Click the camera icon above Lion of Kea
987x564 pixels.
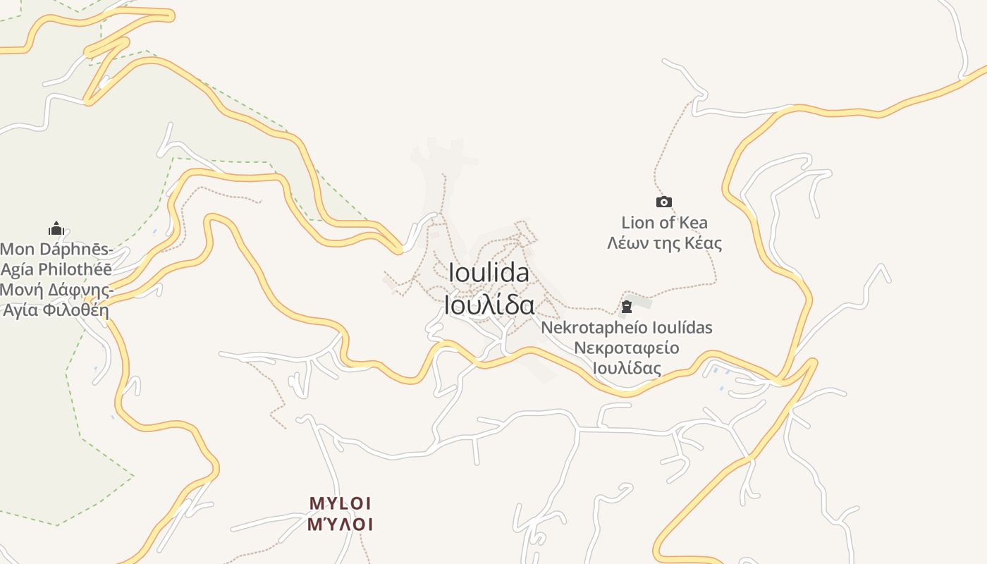[x=664, y=202]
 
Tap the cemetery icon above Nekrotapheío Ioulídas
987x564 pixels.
[x=627, y=307]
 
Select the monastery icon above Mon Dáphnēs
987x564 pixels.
[x=56, y=228]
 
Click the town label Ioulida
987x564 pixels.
[x=489, y=273]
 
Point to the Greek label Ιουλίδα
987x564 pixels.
[x=489, y=305]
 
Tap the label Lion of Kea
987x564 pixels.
[x=665, y=223]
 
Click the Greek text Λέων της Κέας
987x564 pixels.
[x=665, y=244]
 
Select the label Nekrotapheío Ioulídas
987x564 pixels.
[x=627, y=328]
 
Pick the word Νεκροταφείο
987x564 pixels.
[x=626, y=348]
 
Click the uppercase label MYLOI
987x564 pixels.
[x=340, y=503]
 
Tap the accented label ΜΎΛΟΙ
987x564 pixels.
[x=340, y=525]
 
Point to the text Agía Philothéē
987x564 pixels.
[x=56, y=269]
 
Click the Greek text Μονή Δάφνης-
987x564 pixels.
[x=56, y=290]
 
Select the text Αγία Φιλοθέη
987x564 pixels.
[x=56, y=310]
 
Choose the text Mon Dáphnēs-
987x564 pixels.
[x=56, y=249]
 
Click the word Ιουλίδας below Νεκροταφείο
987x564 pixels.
[x=626, y=368]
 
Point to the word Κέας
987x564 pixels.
[x=703, y=244]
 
